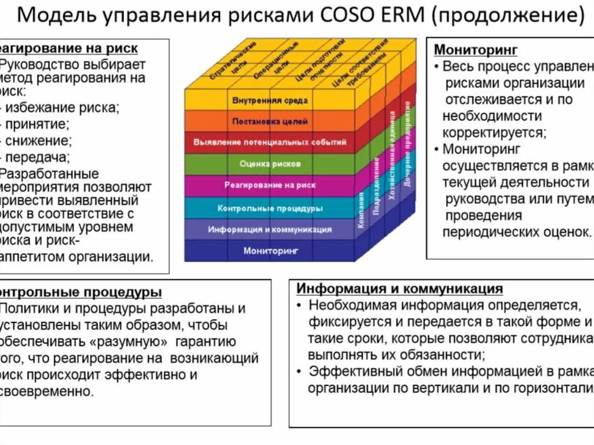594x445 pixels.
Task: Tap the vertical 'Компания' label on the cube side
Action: point(361,210)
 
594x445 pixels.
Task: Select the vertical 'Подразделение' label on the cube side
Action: point(376,185)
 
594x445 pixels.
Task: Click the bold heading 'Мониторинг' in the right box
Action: point(476,50)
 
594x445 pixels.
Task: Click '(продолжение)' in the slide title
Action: point(507,16)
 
